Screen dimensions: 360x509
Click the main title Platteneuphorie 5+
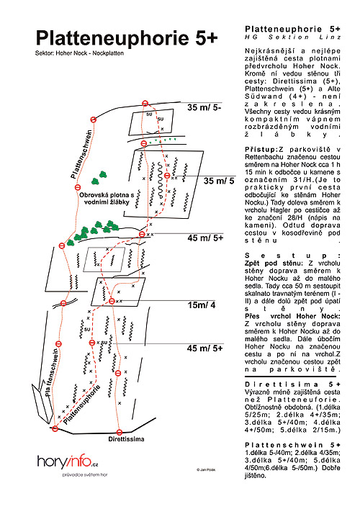(x=127, y=37)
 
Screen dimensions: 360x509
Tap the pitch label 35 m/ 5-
(x=204, y=107)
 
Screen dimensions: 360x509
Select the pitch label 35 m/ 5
(x=219, y=181)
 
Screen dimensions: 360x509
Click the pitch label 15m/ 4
(x=202, y=305)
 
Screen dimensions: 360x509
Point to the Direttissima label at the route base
(x=126, y=439)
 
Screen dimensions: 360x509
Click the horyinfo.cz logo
(x=68, y=461)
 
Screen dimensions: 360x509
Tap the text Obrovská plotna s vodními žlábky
(x=107, y=199)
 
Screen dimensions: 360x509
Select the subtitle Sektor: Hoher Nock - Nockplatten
(x=79, y=53)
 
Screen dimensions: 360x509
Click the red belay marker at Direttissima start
(x=120, y=432)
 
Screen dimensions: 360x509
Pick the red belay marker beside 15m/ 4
(x=112, y=301)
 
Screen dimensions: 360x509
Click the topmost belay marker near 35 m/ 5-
(x=145, y=104)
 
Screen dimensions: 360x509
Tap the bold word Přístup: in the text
(x=261, y=150)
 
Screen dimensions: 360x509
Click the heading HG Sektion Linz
(x=292, y=37)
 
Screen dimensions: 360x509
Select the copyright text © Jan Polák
(x=206, y=469)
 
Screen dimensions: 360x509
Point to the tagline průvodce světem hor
(x=85, y=474)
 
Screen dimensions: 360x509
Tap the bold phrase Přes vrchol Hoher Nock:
(x=292, y=316)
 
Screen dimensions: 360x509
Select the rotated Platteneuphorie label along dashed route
(x=81, y=405)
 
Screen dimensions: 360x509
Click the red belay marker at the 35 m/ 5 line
(x=167, y=176)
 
